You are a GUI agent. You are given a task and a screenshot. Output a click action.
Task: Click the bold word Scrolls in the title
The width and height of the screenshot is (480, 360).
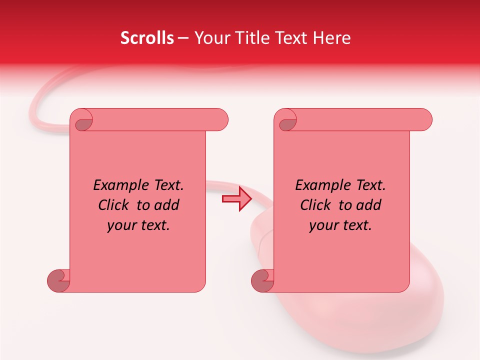click(147, 38)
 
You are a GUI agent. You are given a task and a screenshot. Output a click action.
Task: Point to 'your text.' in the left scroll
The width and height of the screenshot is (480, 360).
click(138, 225)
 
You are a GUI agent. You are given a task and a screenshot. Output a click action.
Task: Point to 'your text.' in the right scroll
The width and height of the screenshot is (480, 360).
click(340, 225)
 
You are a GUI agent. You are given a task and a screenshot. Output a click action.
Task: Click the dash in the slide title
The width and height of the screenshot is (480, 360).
click(183, 38)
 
